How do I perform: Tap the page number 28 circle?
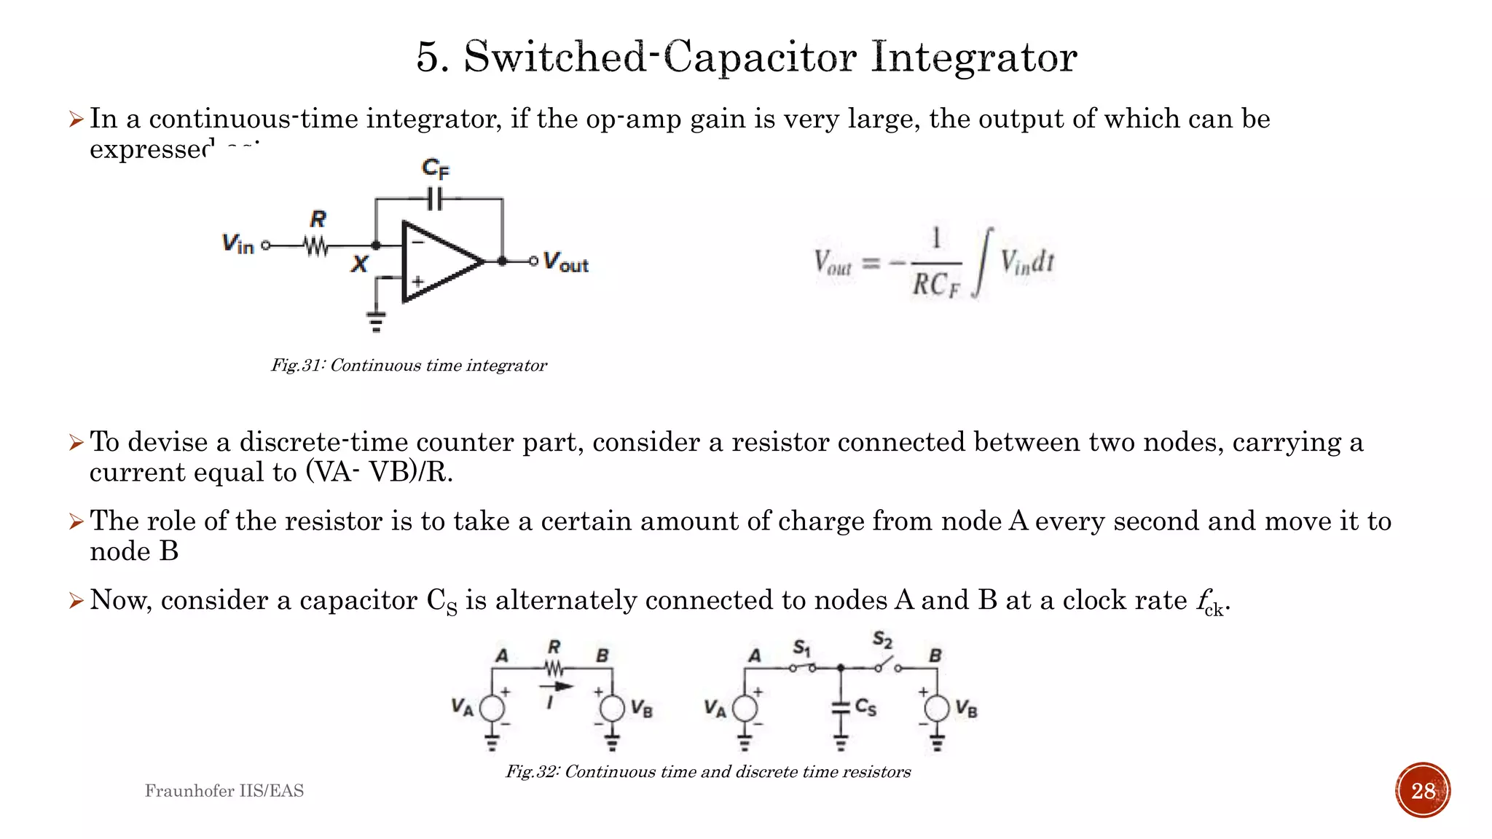(x=1423, y=790)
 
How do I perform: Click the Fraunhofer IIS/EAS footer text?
(x=224, y=791)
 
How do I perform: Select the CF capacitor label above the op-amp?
(x=436, y=169)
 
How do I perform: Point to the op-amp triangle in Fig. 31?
(x=437, y=261)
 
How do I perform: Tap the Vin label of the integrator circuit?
(x=237, y=244)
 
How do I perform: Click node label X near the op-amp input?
(x=359, y=264)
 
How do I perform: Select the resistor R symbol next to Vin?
(x=317, y=246)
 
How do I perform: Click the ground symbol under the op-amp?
(x=376, y=320)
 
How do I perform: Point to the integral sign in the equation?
(x=983, y=262)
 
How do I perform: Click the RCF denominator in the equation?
(x=936, y=285)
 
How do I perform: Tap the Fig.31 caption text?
(x=409, y=366)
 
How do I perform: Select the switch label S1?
(x=801, y=647)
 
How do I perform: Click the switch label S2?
(x=882, y=640)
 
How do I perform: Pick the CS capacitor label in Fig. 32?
(x=865, y=706)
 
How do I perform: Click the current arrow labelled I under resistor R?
(x=556, y=687)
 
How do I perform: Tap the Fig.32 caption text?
(x=708, y=772)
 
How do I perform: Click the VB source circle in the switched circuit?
(x=937, y=708)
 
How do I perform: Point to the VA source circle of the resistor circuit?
(x=492, y=708)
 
